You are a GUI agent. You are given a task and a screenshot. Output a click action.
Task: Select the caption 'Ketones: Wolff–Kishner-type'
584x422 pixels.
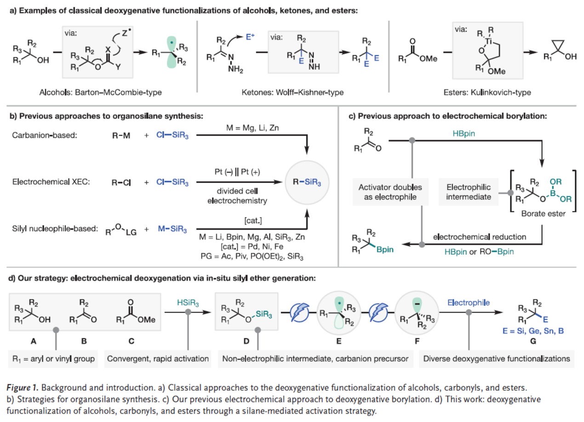coord(292,92)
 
